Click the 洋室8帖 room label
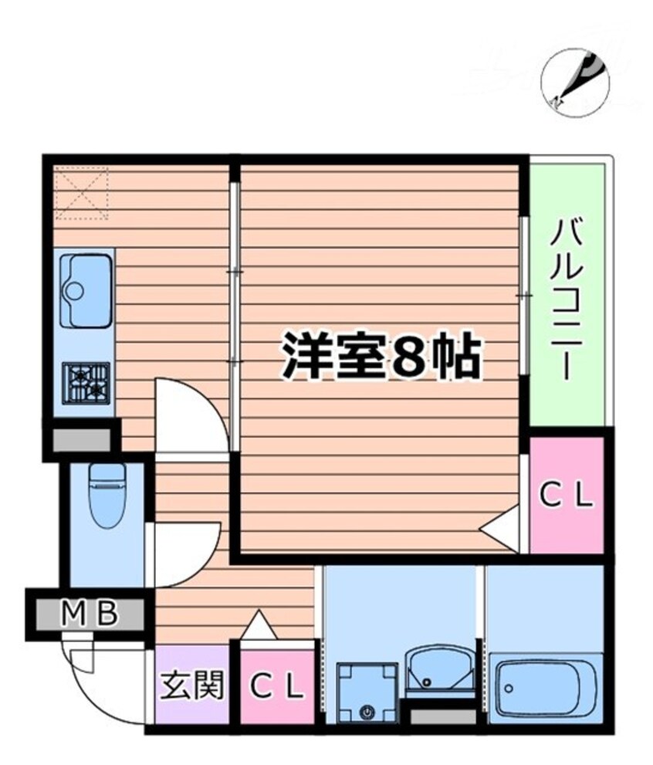tap(381, 357)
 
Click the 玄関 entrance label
tap(192, 685)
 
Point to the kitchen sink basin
tap(86, 289)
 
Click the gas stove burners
tap(86, 382)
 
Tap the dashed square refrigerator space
tap(82, 193)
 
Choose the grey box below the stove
tap(80, 440)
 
